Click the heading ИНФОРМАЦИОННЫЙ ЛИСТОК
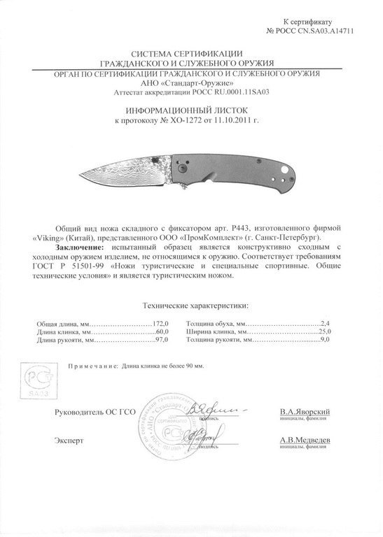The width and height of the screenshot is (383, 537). [x=190, y=110]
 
